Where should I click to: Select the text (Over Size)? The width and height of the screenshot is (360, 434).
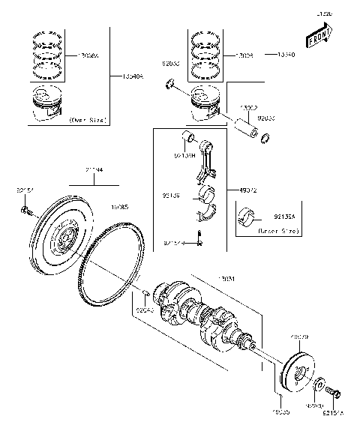[87, 120]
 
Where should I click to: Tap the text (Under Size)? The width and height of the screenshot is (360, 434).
[277, 232]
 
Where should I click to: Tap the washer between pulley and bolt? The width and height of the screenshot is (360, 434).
[319, 385]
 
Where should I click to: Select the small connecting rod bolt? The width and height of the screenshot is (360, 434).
[200, 238]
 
